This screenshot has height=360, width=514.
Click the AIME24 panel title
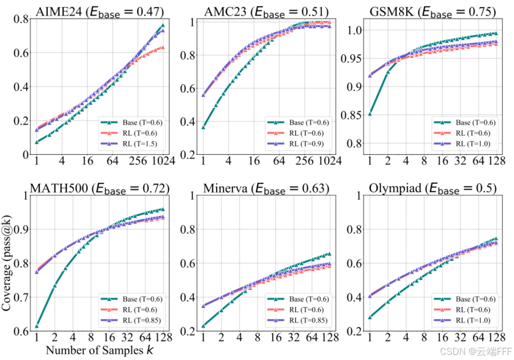point(100,12)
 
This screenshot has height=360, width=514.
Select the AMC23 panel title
point(266,12)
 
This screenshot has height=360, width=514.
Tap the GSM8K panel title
point(433,12)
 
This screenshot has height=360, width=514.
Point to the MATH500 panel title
point(100,188)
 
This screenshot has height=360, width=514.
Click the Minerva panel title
point(266,188)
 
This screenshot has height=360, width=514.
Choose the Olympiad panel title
point(433,188)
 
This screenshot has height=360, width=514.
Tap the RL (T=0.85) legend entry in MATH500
point(131,320)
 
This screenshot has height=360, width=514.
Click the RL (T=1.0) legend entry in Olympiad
point(462,320)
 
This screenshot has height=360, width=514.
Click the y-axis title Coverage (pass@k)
point(6,263)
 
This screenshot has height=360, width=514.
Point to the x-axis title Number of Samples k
point(100,350)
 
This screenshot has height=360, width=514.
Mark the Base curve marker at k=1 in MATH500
point(36,326)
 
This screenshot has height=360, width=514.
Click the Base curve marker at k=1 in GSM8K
point(370,114)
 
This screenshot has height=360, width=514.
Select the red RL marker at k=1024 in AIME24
point(163,48)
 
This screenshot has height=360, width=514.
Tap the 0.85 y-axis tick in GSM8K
point(351,116)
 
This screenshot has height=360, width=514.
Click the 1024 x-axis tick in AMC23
point(329,161)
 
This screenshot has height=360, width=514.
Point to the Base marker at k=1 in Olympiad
point(370,317)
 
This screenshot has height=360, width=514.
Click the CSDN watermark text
point(475,352)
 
